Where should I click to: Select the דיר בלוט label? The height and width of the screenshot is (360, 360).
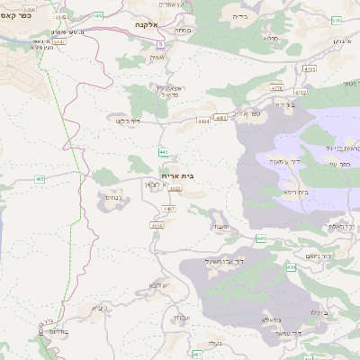point(128,119)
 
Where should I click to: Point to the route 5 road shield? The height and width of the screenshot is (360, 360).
point(160,43)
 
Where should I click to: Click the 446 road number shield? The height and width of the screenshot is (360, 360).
point(162,152)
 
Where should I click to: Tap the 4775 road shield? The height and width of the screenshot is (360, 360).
point(276,88)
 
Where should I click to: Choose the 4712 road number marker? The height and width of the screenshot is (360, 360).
point(301,92)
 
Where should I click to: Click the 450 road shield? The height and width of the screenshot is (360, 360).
point(291,268)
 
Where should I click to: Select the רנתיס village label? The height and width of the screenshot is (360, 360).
point(105,195)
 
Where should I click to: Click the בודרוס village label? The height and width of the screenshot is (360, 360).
point(55,330)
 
